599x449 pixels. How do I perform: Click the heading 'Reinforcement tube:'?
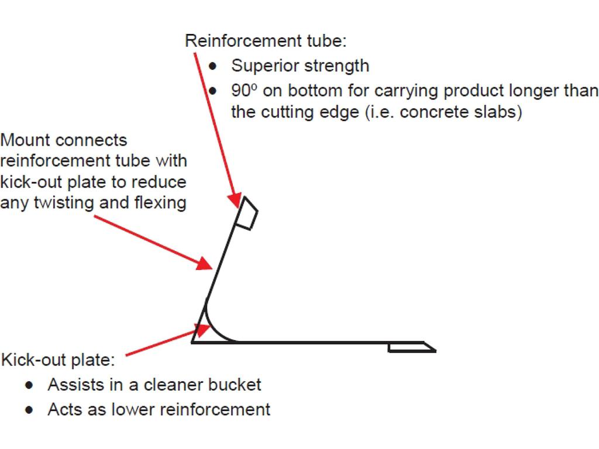click(x=266, y=41)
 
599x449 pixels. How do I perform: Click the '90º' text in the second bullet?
click(x=244, y=91)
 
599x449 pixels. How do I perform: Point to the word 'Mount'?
click(x=25, y=140)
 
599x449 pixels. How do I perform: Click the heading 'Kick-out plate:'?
click(x=58, y=360)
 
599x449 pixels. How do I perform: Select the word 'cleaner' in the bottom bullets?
click(x=171, y=385)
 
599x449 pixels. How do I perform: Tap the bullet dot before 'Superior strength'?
click(x=213, y=67)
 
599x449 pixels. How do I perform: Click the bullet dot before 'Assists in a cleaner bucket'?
click(x=29, y=385)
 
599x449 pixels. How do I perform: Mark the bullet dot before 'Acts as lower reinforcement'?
click(x=29, y=410)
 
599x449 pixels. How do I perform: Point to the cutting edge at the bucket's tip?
click(x=412, y=347)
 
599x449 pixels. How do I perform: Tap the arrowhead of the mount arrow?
click(x=204, y=263)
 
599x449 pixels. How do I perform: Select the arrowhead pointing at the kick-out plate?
click(x=202, y=330)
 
